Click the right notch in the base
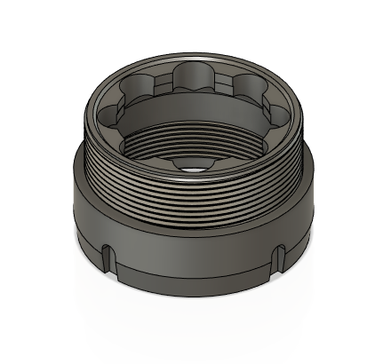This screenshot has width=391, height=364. point(282,258)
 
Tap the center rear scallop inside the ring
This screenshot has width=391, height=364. point(195,78)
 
